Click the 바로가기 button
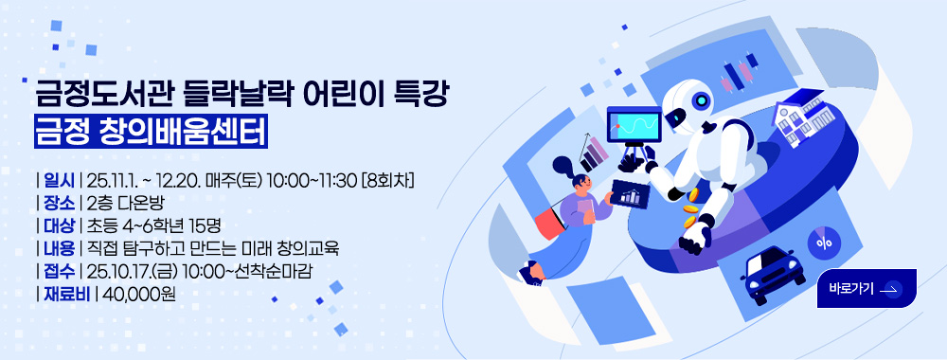(x=867, y=289)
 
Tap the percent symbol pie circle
(x=824, y=243)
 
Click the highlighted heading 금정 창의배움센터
(x=151, y=131)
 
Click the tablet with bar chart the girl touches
(x=630, y=193)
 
